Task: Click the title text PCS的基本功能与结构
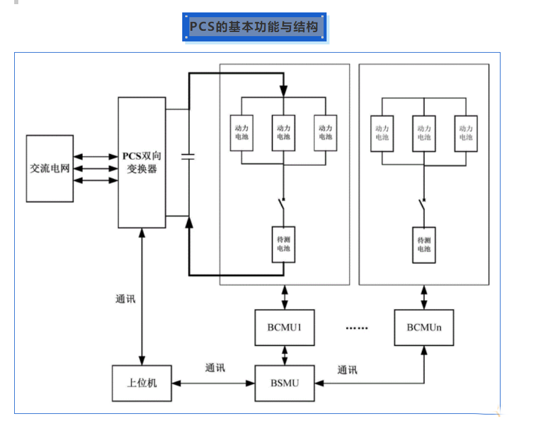(254, 27)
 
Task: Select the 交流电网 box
(50, 169)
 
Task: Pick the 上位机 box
(142, 383)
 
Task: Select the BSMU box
(285, 383)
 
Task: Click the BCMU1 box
(285, 327)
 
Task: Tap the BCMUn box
(424, 327)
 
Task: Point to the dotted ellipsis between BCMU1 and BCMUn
(356, 328)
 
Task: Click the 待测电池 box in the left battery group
(283, 245)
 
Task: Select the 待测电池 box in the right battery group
(424, 245)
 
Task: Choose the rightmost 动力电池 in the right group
(466, 133)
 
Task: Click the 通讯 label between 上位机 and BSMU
(215, 368)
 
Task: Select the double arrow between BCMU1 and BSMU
(285, 355)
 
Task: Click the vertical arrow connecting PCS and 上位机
(141, 296)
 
